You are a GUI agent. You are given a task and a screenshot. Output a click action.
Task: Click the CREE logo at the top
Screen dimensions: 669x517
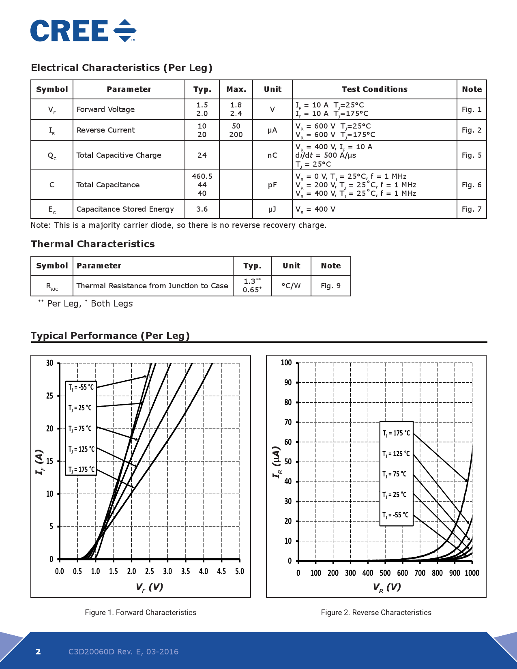point(83,31)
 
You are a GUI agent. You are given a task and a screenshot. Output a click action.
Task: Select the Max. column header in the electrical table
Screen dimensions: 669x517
point(236,89)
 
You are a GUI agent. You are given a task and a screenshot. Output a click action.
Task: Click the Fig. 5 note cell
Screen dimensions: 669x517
point(472,155)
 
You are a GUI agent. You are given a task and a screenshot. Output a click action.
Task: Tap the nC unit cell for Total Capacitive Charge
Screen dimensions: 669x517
point(272,155)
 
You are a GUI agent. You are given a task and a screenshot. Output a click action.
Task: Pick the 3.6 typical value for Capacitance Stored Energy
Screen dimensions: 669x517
point(202,209)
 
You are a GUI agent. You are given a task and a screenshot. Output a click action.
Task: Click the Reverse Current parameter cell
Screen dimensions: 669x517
point(106,130)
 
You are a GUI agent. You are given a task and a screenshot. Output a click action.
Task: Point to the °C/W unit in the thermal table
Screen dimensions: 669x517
point(291,286)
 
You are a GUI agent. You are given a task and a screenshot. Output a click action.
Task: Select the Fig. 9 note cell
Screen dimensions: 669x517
point(330,286)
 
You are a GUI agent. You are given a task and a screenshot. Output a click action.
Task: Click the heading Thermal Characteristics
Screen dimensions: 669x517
point(93,244)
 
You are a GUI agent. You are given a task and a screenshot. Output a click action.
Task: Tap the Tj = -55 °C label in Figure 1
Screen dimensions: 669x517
point(81,387)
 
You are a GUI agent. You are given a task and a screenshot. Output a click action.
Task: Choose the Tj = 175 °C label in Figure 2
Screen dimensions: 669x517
point(396,433)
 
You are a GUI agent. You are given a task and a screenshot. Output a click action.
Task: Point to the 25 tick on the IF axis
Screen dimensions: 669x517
point(50,396)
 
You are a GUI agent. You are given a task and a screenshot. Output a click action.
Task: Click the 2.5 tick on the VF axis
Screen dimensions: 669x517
point(150,571)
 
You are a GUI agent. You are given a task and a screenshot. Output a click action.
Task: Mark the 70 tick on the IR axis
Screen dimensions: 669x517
point(288,422)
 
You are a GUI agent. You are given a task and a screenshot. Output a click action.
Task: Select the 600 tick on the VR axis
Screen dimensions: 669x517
point(403,573)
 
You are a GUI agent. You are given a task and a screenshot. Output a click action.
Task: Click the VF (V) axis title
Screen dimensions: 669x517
point(150,587)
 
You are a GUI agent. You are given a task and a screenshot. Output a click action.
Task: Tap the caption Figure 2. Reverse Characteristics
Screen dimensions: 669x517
point(376,613)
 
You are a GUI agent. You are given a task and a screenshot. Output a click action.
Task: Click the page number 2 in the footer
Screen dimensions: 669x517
point(38,652)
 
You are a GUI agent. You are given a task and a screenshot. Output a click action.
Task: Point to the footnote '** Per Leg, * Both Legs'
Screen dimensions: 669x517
point(86,303)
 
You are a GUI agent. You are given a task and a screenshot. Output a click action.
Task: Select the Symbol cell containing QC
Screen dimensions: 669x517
point(52,155)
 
